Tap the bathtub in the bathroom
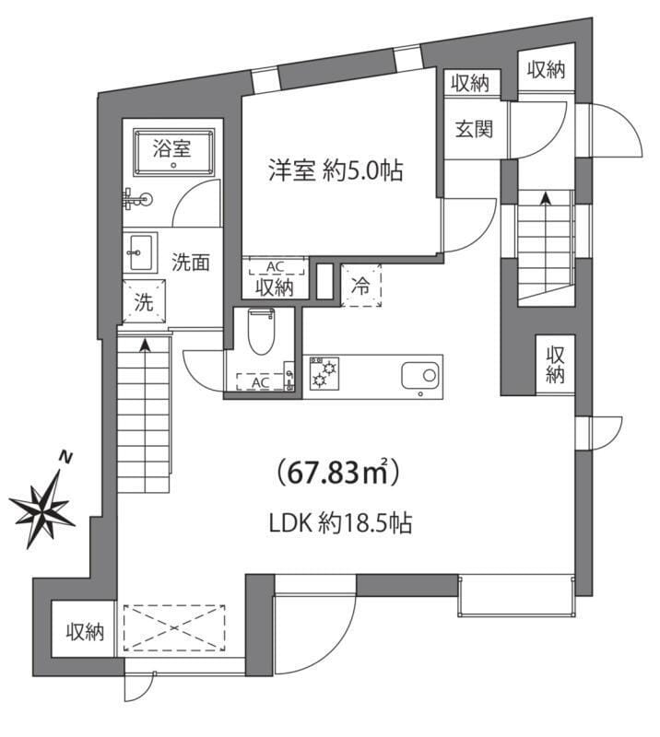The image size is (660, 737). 172,153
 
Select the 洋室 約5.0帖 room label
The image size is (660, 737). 336,170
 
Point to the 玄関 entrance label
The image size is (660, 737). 472,128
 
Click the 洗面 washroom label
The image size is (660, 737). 191,262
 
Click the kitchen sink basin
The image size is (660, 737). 421,375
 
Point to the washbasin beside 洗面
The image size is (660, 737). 141,251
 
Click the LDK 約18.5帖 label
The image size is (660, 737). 339,524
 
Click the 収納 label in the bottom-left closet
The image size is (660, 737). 84,632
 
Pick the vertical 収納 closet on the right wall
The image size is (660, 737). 555,364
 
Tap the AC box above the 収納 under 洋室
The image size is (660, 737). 273,267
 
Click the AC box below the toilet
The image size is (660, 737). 259,381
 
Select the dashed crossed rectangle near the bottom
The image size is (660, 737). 174,628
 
